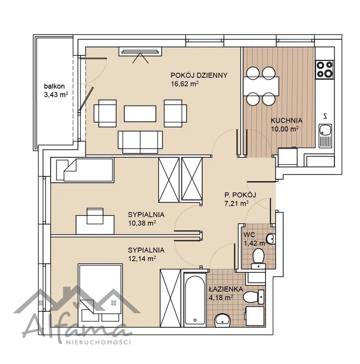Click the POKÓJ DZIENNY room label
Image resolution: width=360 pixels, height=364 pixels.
coord(199,76)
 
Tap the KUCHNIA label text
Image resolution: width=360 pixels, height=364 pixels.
coord(286,120)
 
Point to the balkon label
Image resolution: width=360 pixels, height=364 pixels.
coord(54,86)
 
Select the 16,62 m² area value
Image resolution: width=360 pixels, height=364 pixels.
coord(185,84)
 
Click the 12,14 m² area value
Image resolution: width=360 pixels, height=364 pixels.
coord(142,258)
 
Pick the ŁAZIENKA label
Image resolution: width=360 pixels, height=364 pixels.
coord(223,289)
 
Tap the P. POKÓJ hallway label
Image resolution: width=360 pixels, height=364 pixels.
coord(240,195)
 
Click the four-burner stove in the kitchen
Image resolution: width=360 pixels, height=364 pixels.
coord(325,69)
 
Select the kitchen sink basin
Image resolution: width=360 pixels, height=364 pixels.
coord(325,130)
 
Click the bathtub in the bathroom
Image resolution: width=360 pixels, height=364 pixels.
coord(195,299)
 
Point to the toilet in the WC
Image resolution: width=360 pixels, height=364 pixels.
coord(258,258)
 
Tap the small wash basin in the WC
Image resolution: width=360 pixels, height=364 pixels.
coord(271,238)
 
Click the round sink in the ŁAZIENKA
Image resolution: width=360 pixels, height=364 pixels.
coord(223,320)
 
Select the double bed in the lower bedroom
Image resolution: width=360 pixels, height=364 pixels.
coord(100,295)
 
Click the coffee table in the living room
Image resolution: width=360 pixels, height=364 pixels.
coord(140,114)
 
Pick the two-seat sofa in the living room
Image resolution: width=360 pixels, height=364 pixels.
coord(140,142)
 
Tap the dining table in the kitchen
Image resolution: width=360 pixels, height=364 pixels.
coord(261,86)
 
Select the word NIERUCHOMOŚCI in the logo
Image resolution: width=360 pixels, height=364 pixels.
coord(98,342)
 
